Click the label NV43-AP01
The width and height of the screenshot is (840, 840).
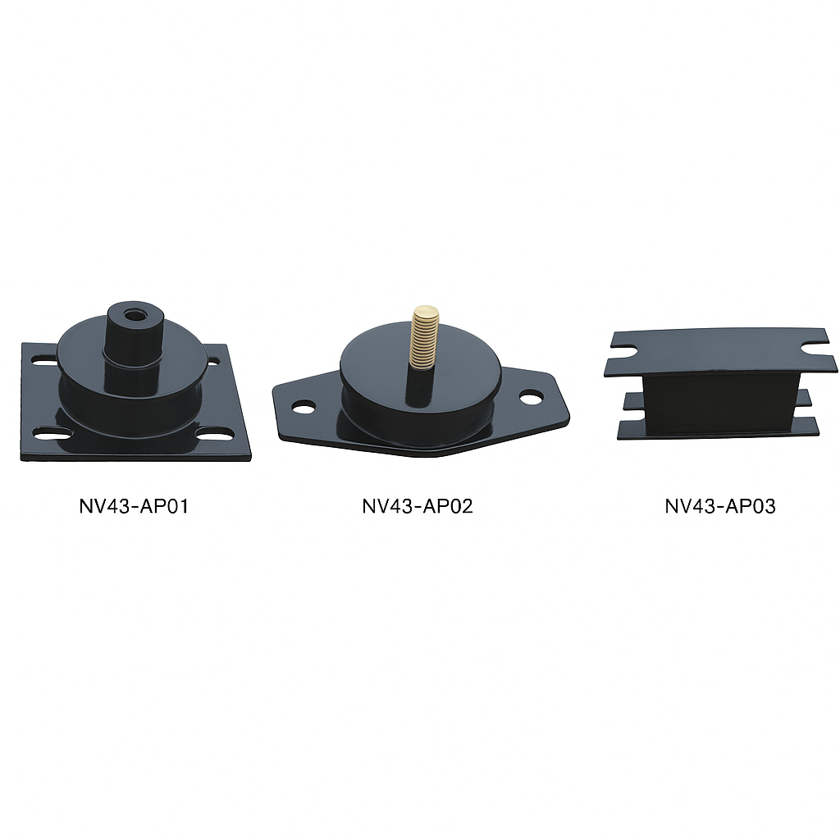(134, 506)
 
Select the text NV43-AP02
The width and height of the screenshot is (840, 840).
(418, 506)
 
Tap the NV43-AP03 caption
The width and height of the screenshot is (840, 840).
(720, 506)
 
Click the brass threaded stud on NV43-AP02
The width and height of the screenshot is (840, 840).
(425, 337)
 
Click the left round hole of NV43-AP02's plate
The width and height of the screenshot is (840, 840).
(304, 407)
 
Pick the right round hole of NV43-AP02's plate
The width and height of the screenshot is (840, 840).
(531, 397)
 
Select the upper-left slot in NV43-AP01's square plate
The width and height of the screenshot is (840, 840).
(43, 360)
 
